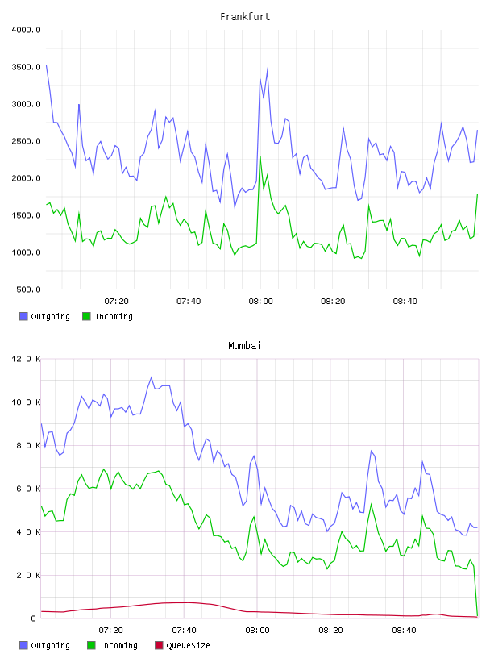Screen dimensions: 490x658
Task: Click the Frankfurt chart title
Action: pos(245,17)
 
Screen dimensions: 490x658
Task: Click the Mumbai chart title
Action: pos(244,346)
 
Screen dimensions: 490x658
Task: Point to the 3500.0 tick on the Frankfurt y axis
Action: pos(26,67)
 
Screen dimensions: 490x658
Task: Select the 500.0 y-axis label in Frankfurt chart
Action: pos(28,289)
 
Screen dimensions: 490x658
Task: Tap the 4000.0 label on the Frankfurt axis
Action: pos(26,30)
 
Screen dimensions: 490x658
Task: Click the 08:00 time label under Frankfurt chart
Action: pos(260,302)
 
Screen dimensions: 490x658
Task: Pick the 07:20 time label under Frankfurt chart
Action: pos(116,302)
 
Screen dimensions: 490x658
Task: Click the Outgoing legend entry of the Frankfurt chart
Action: pos(45,316)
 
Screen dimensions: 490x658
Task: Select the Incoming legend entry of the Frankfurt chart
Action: pos(108,316)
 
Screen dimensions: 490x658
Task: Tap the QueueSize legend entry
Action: pos(182,645)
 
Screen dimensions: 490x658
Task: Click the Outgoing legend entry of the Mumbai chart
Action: pos(45,645)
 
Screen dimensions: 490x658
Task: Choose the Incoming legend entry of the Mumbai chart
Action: pos(113,645)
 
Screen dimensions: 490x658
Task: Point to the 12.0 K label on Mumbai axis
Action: pos(26,359)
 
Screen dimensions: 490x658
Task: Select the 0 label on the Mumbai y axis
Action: pos(34,618)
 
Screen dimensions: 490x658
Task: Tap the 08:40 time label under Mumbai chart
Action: pos(404,631)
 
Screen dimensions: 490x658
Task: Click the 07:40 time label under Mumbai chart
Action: pos(184,631)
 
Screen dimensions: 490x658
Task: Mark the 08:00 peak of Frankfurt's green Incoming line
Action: pos(260,156)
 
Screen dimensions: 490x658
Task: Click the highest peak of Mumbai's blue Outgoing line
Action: pos(152,377)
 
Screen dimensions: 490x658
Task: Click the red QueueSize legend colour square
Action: pos(159,645)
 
